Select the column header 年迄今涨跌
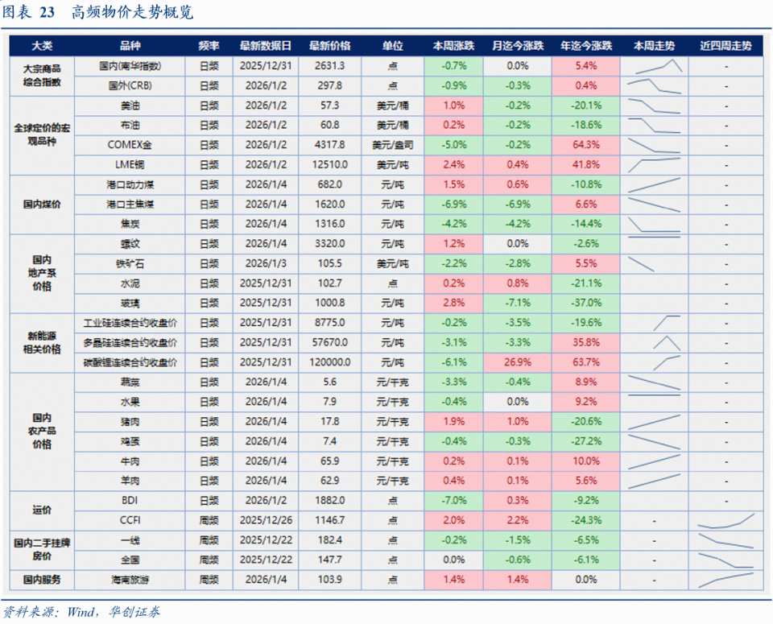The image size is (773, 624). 585,46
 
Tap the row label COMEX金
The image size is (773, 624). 129,145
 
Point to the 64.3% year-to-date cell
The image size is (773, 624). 585,145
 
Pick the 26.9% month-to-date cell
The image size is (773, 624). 518,362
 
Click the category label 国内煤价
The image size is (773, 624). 42,204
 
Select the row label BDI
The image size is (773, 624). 129,500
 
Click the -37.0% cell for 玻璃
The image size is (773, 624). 585,303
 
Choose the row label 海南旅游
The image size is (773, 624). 129,579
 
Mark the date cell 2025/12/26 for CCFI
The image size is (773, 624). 266,520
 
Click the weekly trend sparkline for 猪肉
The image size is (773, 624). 654,421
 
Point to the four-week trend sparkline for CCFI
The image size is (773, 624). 726,520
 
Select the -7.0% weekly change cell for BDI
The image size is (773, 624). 454,500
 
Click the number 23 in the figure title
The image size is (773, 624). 47,13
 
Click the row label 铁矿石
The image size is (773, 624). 129,263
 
